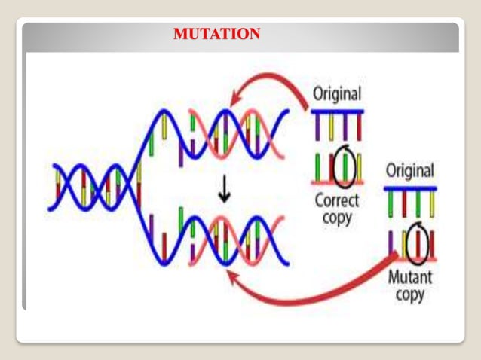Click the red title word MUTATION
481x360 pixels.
coord(216,34)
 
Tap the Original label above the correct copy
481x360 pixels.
coord(337,96)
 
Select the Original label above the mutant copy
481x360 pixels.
coord(410,171)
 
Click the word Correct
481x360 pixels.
coord(337,201)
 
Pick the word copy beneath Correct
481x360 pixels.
coord(337,218)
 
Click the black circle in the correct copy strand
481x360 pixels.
coord(344,168)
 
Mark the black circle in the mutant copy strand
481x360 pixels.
coord(417,243)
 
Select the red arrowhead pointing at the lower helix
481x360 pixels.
coord(234,279)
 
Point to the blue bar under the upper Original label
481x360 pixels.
coord(337,111)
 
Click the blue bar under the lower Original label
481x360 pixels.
coord(410,187)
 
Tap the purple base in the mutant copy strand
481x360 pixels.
coord(391,243)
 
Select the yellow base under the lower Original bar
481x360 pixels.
coord(431,201)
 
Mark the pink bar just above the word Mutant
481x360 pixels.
coord(410,259)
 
